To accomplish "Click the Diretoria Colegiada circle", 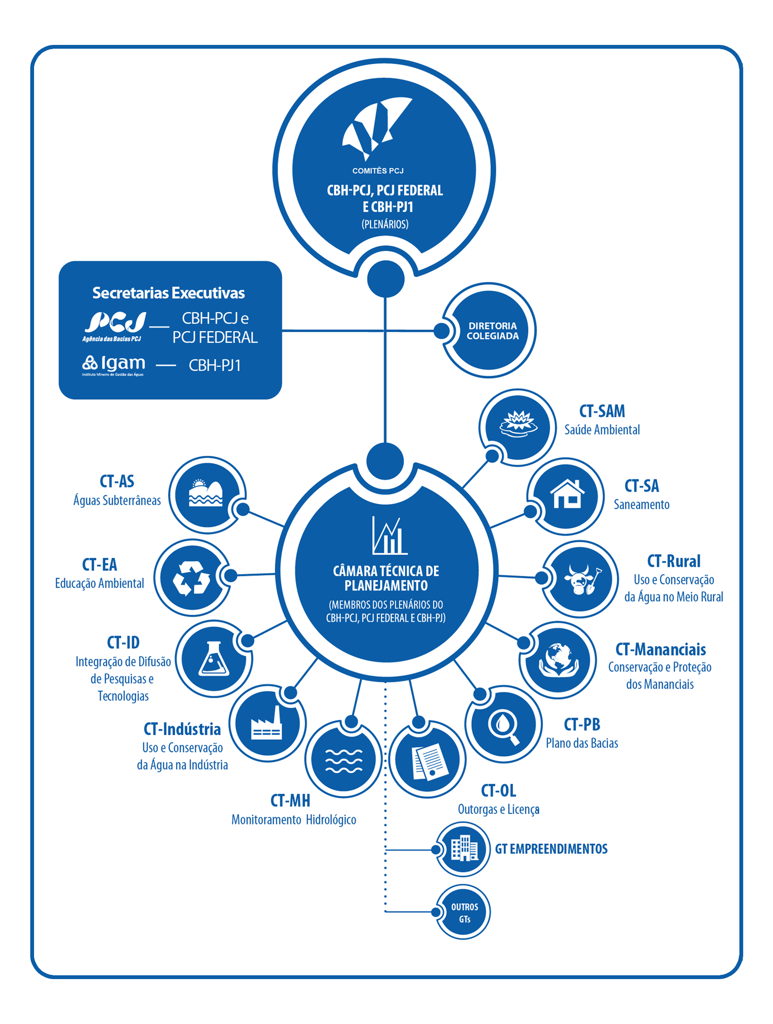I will click(x=492, y=330).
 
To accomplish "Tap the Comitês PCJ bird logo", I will click(x=376, y=128).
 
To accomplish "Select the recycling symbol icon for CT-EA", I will click(x=191, y=578).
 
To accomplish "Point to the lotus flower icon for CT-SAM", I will click(x=519, y=422).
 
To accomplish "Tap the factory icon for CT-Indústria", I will click(x=266, y=723).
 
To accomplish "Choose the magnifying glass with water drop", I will click(x=504, y=725).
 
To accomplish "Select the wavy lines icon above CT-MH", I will click(x=344, y=761).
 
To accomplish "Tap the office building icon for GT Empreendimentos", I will click(x=464, y=849).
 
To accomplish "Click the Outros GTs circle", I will click(x=464, y=912).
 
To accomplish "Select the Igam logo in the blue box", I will click(x=113, y=364).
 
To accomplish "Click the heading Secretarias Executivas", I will click(x=168, y=293).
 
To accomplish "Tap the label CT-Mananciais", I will click(x=660, y=650).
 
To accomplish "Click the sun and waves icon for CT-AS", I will click(x=206, y=494).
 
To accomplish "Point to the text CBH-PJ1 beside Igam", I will click(x=215, y=365).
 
